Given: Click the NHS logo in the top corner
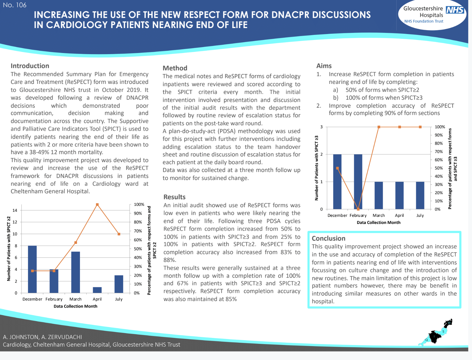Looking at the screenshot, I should click(455, 10).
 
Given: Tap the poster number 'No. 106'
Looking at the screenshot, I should click(15, 5).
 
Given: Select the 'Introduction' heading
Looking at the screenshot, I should click(30, 66).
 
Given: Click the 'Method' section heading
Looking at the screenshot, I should click(175, 68).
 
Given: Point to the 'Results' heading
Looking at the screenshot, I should click(174, 197).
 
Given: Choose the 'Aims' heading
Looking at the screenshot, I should click(324, 66).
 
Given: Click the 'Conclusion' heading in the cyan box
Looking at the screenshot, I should click(328, 238).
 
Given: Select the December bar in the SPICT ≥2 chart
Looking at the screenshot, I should click(32, 269).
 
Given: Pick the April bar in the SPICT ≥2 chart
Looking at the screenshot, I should click(97, 290).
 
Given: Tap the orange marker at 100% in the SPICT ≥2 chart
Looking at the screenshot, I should click(97, 204).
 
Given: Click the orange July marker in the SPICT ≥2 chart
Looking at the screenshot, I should click(119, 234).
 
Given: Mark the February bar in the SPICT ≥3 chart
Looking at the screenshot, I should click(358, 182).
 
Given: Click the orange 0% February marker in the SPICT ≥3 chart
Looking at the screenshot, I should click(358, 209).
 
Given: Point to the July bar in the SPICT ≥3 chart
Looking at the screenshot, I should click(420, 195).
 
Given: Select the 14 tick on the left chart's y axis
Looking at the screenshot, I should click(15, 210).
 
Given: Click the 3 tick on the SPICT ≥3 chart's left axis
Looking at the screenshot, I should click(322, 127).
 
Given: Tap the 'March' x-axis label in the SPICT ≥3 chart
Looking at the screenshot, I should click(379, 215).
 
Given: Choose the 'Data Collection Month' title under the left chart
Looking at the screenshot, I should click(75, 306).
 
